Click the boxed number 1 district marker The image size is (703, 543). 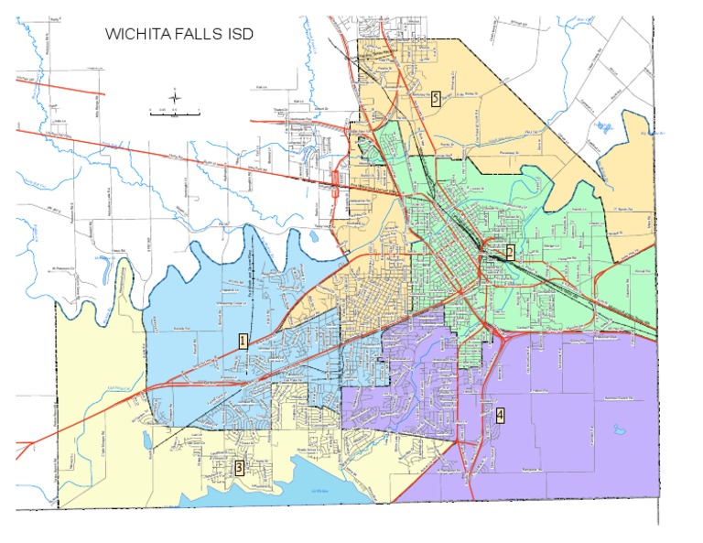click(243, 342)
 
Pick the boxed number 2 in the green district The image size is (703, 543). click(510, 250)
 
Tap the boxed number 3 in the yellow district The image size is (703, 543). click(239, 468)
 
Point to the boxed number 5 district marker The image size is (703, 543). click(437, 99)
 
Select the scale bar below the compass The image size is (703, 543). click(175, 112)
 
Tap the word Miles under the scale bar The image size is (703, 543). click(175, 119)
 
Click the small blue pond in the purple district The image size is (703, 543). click(615, 427)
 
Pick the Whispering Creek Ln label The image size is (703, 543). click(205, 303)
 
